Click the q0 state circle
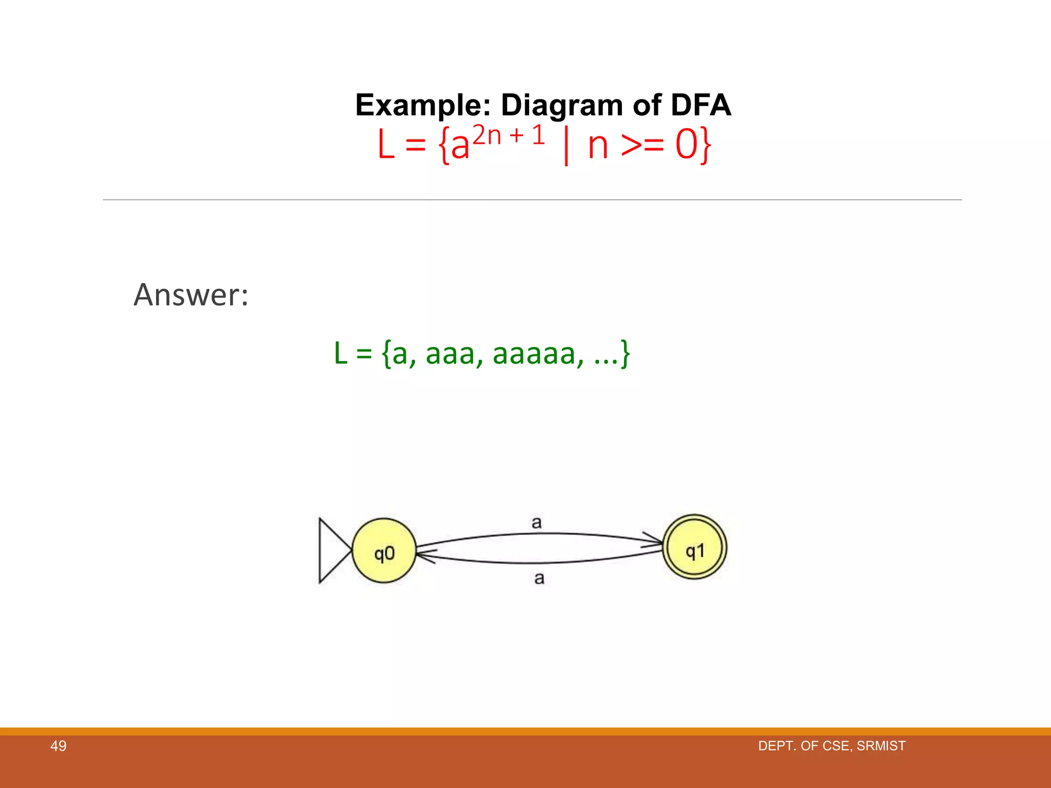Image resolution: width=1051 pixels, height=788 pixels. [x=384, y=551]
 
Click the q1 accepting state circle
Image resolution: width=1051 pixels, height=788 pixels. [x=695, y=547]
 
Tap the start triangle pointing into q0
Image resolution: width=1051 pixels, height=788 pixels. [x=332, y=550]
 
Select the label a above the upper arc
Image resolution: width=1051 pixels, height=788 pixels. [x=536, y=523]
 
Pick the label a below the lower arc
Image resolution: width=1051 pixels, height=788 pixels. [x=539, y=578]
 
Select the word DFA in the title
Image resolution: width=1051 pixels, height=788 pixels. [x=700, y=105]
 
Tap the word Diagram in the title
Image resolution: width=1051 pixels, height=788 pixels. [x=562, y=105]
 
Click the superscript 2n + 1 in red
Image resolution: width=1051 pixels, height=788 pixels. [x=509, y=135]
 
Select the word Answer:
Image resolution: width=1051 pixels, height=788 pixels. [x=191, y=295]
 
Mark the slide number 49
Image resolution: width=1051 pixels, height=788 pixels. [x=58, y=746]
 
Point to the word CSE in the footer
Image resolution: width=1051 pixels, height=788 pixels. [x=836, y=746]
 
